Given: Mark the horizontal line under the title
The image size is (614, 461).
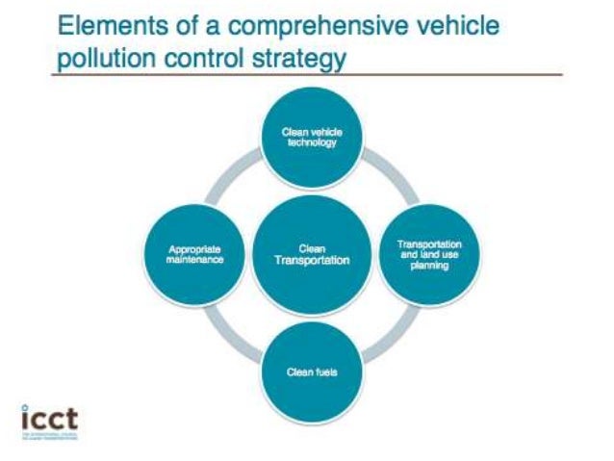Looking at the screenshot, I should [x=308, y=75].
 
